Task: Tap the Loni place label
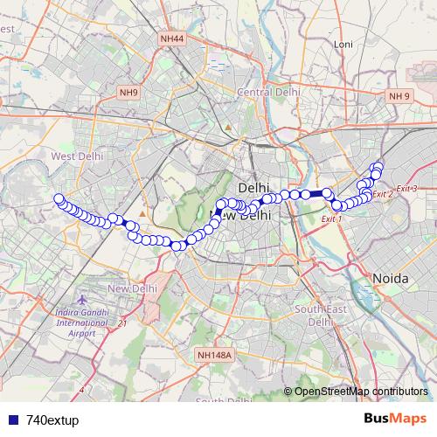coord(343,44)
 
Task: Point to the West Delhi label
coord(77,156)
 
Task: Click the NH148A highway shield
coord(214,355)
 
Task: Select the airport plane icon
coord(81,300)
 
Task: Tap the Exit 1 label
coord(332,218)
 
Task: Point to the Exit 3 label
coord(406,189)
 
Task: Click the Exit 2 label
coord(383,194)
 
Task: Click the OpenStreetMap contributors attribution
coord(360,392)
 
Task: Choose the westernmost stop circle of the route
coord(59,198)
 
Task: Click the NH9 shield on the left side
coord(129,92)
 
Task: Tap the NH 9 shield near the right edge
coord(399,95)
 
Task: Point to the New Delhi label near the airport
coord(132,288)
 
